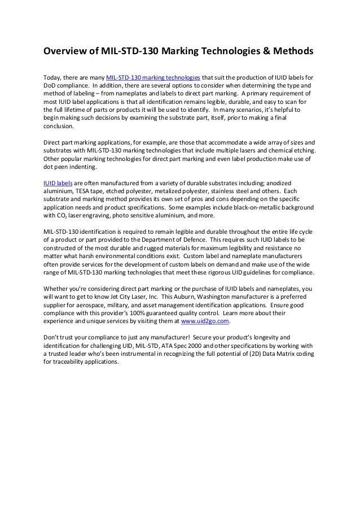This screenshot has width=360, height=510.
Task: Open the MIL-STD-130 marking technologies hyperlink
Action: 152,76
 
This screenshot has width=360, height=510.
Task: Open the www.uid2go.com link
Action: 208,322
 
